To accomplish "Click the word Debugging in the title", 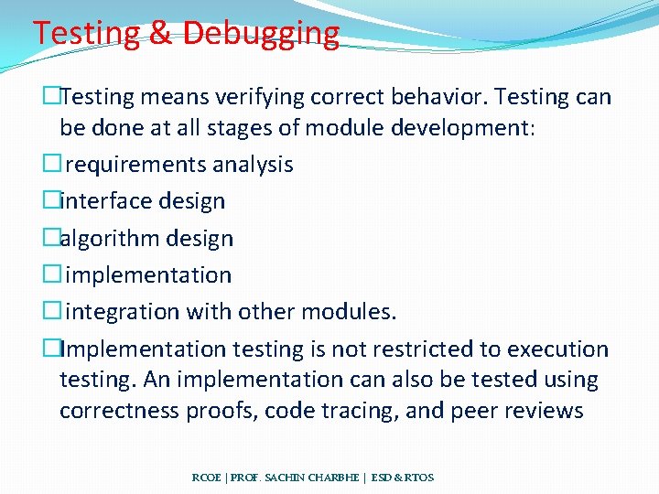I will tap(261, 34).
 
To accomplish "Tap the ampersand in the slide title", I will tap(159, 34).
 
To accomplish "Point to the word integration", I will tap(124, 312).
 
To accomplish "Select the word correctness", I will tap(121, 411).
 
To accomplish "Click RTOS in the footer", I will tap(418, 478).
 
